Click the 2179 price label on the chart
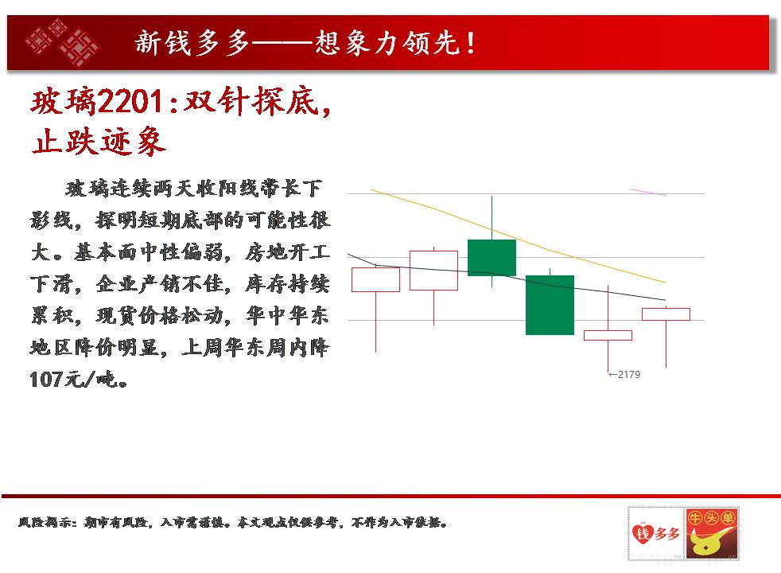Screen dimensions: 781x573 click(x=624, y=374)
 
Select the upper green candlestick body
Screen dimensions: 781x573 click(x=492, y=258)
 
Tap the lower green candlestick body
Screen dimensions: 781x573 click(x=550, y=305)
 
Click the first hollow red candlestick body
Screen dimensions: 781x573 click(x=375, y=279)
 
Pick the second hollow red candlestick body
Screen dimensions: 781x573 click(x=433, y=271)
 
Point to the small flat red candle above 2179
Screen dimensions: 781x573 click(x=608, y=335)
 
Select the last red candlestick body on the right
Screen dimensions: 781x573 click(x=666, y=314)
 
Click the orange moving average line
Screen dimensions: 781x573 click(x=518, y=236)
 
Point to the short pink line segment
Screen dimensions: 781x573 click(x=648, y=193)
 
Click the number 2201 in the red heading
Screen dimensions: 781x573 click(x=130, y=102)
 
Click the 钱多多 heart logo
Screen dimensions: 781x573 click(x=656, y=534)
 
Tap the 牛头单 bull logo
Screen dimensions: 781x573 click(x=712, y=534)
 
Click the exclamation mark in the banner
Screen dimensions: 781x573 click(x=471, y=43)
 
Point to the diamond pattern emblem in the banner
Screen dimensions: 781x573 click(x=63, y=43)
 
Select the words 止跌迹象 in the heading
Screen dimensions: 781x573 click(x=98, y=142)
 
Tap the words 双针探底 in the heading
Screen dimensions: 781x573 click(x=251, y=102)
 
